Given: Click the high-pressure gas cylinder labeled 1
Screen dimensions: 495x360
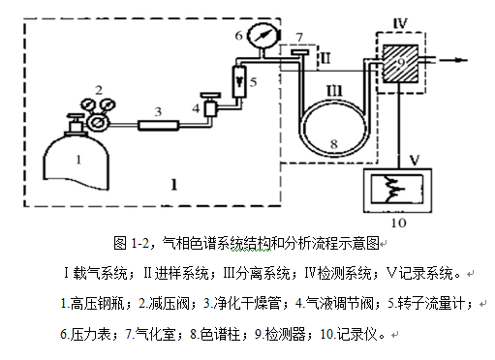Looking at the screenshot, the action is click(76, 162).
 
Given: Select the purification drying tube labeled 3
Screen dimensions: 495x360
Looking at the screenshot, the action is click(158, 125).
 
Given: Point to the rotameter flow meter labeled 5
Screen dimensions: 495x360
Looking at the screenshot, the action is click(239, 81).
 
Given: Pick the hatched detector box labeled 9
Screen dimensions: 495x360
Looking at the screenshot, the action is click(400, 64).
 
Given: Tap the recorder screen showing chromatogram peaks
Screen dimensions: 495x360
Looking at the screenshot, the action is click(397, 189).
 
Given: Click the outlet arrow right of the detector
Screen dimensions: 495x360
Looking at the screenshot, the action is click(451, 60).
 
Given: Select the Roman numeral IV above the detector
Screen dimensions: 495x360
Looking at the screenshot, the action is click(400, 23).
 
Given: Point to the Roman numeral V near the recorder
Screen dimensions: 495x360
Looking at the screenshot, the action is click(415, 160).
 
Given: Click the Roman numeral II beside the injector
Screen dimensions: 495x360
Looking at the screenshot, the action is click(325, 58).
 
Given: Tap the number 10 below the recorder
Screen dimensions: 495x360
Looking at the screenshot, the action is click(398, 223).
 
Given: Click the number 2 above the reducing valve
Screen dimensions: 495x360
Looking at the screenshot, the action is click(99, 90).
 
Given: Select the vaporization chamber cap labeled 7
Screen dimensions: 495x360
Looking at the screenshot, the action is click(299, 52).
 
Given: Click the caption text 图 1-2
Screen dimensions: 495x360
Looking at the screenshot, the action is click(131, 243).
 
